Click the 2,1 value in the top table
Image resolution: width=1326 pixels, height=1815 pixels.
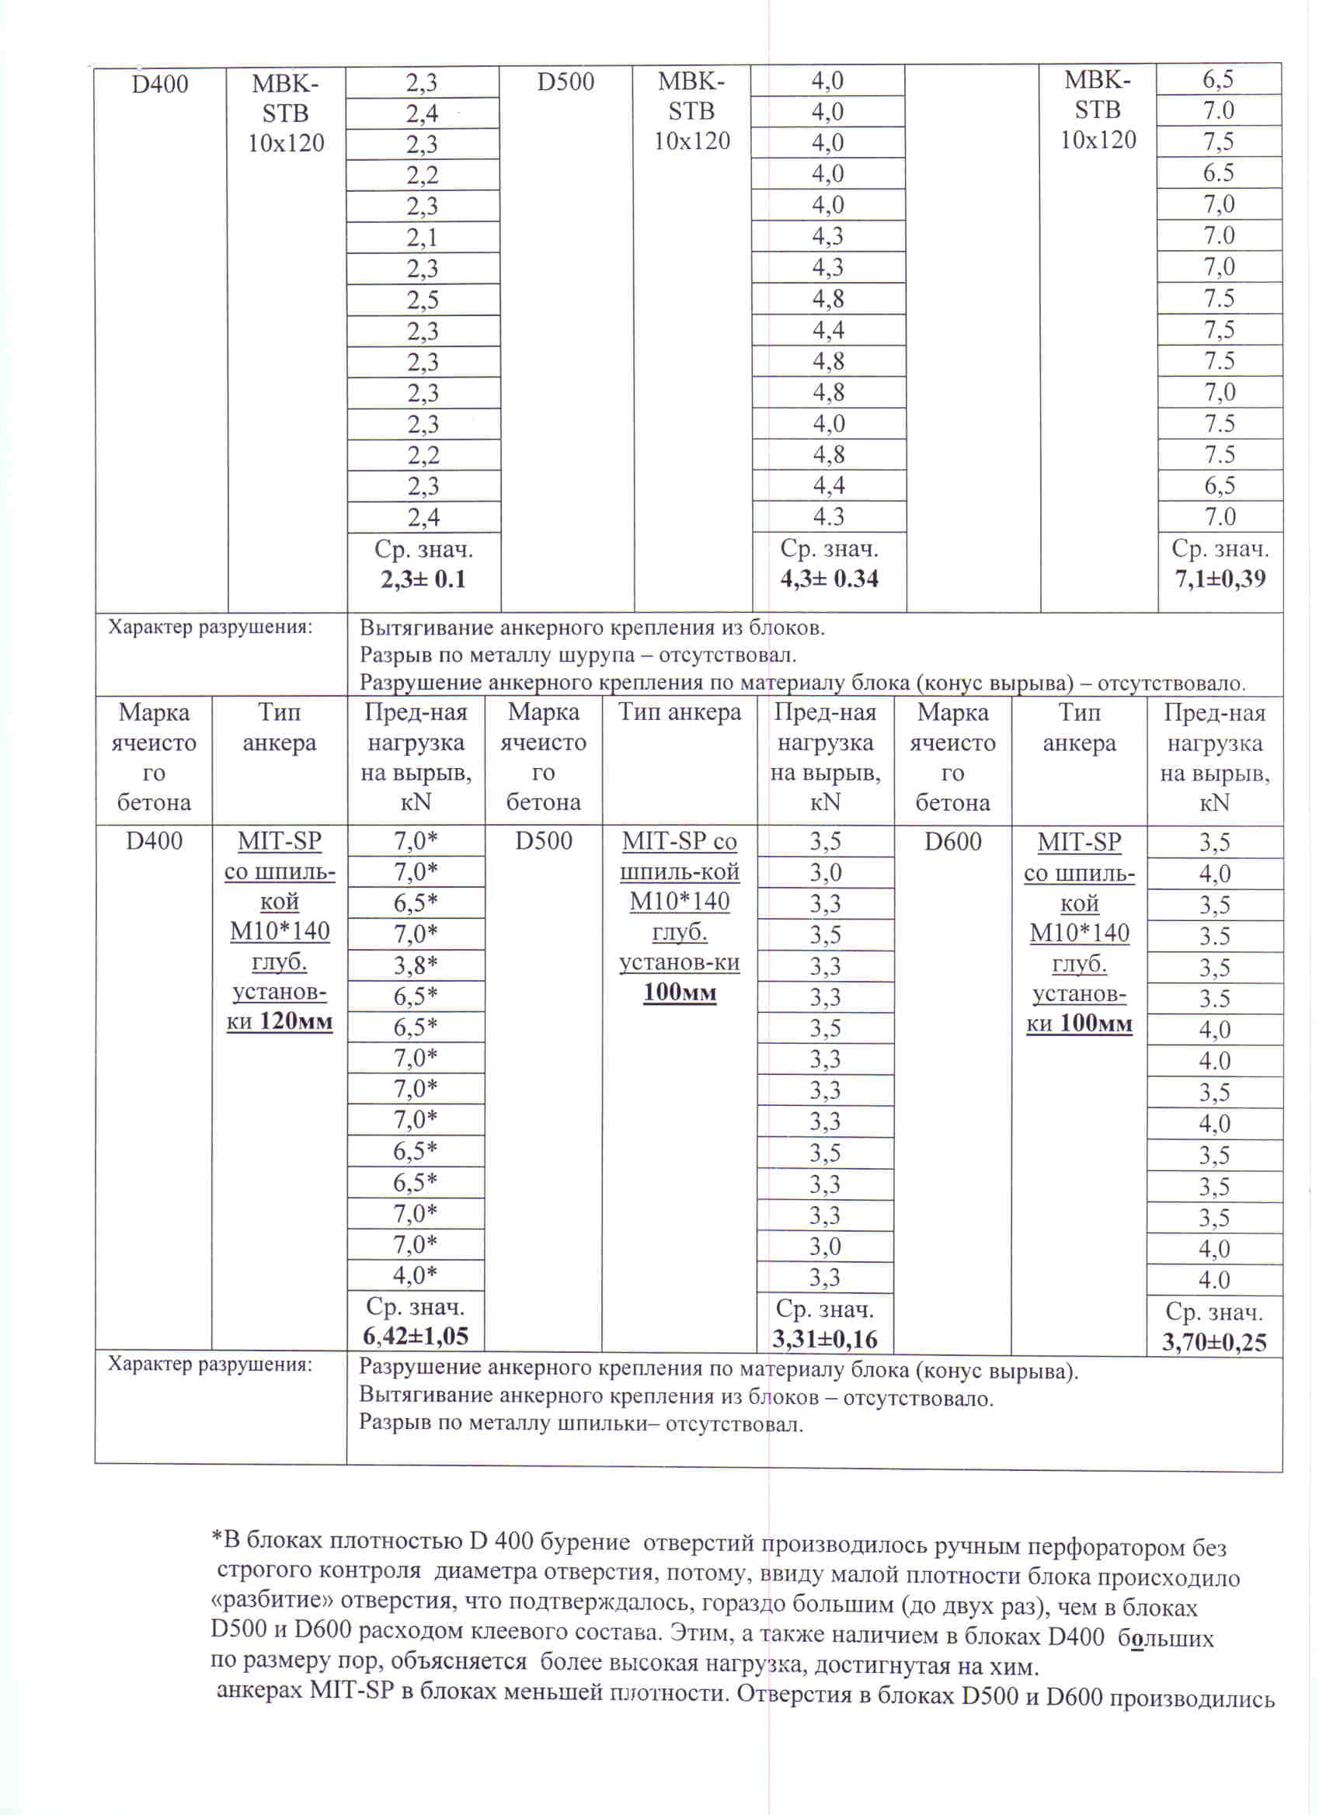[x=423, y=238]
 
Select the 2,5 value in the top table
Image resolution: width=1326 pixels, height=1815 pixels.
[x=423, y=300]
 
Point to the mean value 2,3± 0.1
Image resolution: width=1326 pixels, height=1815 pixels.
[x=423, y=579]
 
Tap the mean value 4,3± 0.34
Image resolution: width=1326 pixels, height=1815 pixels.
[x=829, y=579]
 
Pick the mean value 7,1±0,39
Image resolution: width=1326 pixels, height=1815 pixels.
[x=1220, y=579]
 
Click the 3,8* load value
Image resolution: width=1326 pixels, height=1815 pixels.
[x=415, y=965]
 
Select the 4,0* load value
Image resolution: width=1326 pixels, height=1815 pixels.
[x=415, y=1275]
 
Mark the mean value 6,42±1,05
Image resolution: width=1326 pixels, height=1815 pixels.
[x=415, y=1336]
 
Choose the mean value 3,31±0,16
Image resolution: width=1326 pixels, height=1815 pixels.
[x=824, y=1339]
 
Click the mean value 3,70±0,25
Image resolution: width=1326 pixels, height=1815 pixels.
[x=1213, y=1342]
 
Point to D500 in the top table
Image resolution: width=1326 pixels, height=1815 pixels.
[x=565, y=82]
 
